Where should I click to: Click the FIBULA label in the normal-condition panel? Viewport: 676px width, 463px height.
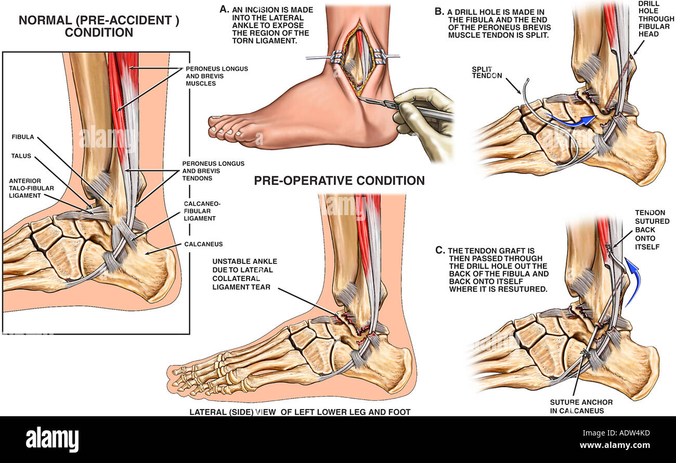(23, 137)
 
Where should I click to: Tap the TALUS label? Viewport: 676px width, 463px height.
(21, 156)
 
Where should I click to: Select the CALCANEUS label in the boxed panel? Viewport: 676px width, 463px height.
(203, 244)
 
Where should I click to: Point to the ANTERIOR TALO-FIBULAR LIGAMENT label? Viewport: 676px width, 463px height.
(31, 188)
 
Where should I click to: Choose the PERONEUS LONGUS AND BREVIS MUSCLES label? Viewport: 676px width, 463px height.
(217, 76)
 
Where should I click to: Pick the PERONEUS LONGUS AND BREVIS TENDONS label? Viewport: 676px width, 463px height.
(213, 171)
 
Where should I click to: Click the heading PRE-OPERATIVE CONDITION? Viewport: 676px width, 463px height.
(339, 180)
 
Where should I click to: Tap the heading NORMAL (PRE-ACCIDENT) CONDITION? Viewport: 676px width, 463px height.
(99, 26)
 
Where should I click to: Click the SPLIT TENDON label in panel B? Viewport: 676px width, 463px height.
(487, 72)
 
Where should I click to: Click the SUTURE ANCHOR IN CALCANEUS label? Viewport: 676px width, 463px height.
(581, 406)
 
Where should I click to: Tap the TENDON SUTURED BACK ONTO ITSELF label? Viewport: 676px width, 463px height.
(652, 230)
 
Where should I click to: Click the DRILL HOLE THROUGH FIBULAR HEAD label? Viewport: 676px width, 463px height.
(656, 19)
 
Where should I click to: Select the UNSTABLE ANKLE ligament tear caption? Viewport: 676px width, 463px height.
(244, 274)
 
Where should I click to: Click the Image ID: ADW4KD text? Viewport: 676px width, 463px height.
(616, 433)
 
